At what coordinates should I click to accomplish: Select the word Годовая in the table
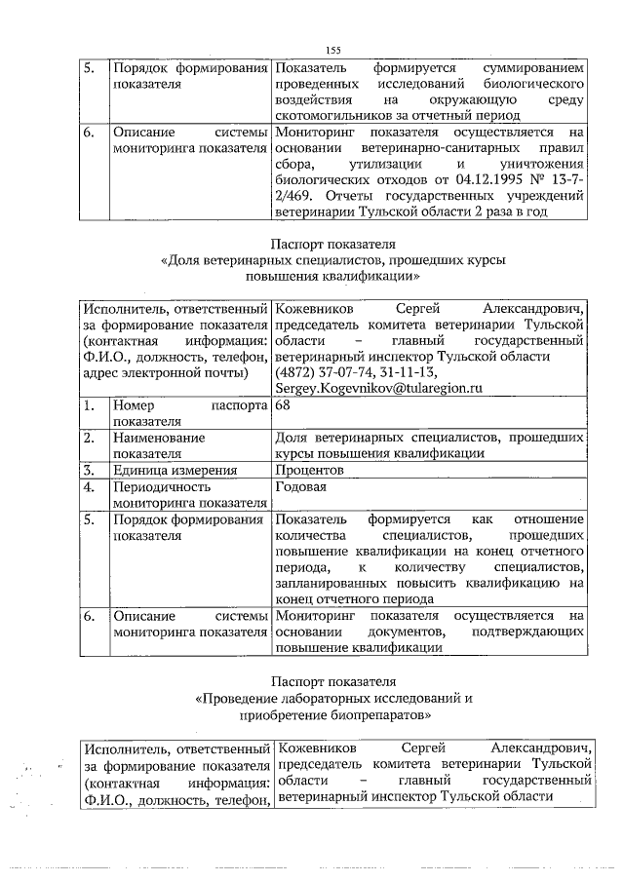(x=302, y=486)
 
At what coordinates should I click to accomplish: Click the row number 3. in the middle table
(x=89, y=470)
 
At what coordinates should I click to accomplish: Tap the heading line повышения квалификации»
(x=333, y=277)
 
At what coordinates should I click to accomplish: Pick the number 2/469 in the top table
(x=297, y=196)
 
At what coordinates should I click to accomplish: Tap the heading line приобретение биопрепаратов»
(x=333, y=714)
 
